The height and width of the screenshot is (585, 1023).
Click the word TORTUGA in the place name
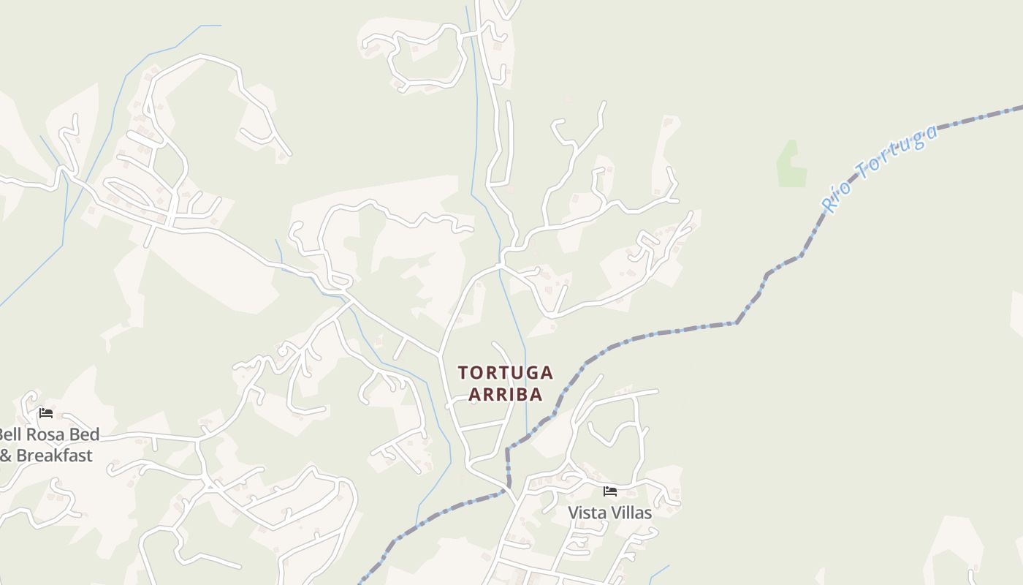(505, 373)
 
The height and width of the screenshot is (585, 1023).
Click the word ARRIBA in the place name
(505, 394)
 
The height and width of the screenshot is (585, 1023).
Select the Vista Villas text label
(610, 513)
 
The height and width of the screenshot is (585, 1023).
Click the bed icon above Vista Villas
(610, 491)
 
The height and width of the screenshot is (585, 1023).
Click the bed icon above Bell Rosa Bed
(46, 413)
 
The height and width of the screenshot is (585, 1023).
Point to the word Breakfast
(54, 456)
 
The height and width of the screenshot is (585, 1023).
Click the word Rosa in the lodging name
(45, 434)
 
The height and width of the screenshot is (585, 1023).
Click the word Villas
(631, 513)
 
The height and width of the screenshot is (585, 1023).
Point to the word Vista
(587, 513)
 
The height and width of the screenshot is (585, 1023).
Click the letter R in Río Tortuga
(829, 205)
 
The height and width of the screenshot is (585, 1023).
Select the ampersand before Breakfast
(6, 456)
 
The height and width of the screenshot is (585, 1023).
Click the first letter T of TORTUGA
(463, 373)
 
